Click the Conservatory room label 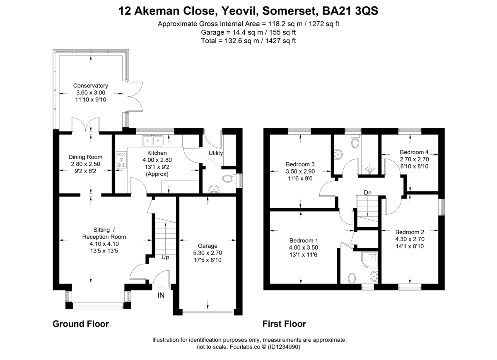tap(91, 86)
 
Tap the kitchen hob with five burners tap(121, 160)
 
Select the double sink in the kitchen tap(153, 141)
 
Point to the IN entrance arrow tap(161, 288)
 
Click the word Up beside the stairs tap(165, 257)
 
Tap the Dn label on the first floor tap(368, 193)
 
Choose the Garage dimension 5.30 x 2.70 tap(207, 253)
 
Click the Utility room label tap(215, 153)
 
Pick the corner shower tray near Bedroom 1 tap(369, 259)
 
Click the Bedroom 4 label tap(414, 152)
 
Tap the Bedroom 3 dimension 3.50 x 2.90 tap(300, 171)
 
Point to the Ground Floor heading tap(81, 324)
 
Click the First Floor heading tap(284, 324)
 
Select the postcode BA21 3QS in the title tap(350, 11)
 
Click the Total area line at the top tap(248, 41)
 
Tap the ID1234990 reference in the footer tap(284, 347)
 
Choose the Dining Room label tap(85, 157)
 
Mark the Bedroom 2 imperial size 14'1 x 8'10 tap(410, 246)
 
